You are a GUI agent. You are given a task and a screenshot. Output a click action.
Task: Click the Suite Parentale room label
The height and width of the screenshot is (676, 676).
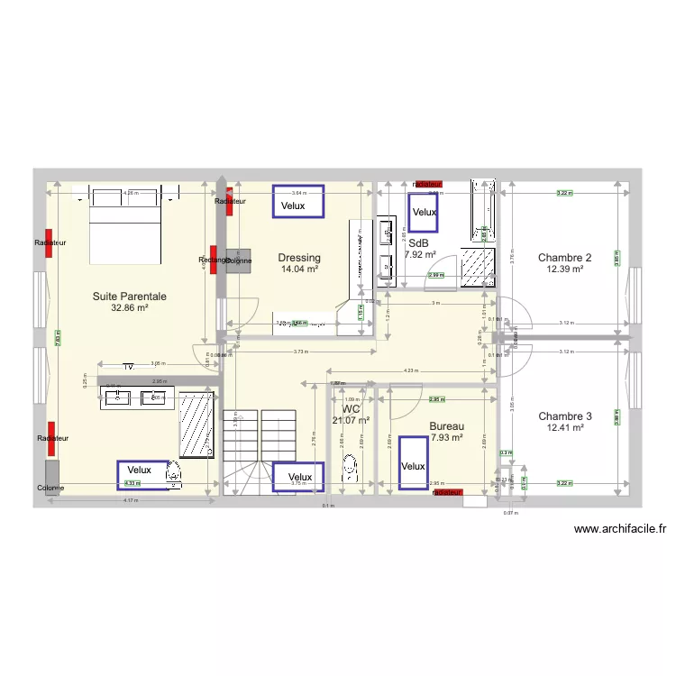[130, 296]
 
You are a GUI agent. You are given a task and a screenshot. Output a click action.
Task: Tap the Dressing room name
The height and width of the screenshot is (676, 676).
[299, 258]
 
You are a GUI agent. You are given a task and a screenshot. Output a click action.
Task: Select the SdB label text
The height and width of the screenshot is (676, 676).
[418, 243]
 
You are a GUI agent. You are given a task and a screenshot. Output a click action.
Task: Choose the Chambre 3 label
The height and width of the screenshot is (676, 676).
[565, 416]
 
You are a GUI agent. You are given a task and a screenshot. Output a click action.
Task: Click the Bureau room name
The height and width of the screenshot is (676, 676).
[446, 426]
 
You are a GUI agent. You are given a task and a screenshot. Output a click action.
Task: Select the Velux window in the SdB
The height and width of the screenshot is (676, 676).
[424, 212]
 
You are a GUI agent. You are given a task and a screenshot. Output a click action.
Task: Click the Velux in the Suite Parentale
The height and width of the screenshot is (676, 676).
[142, 474]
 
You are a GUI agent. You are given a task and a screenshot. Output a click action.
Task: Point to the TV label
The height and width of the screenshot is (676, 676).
[129, 367]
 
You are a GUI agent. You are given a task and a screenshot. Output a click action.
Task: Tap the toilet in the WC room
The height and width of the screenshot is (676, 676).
[350, 467]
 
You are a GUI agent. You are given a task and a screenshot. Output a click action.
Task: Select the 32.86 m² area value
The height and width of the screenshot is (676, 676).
[130, 307]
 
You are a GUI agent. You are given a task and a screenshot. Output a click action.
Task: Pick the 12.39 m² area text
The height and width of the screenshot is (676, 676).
[564, 269]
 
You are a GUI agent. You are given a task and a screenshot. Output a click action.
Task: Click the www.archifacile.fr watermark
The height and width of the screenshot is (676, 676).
[619, 530]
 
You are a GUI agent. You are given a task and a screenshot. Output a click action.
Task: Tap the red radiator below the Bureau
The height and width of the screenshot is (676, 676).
[446, 493]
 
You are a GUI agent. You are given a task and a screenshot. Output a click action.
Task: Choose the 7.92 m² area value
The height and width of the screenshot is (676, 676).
[420, 255]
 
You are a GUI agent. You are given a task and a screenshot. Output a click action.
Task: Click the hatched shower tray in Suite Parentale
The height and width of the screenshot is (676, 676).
[195, 425]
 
